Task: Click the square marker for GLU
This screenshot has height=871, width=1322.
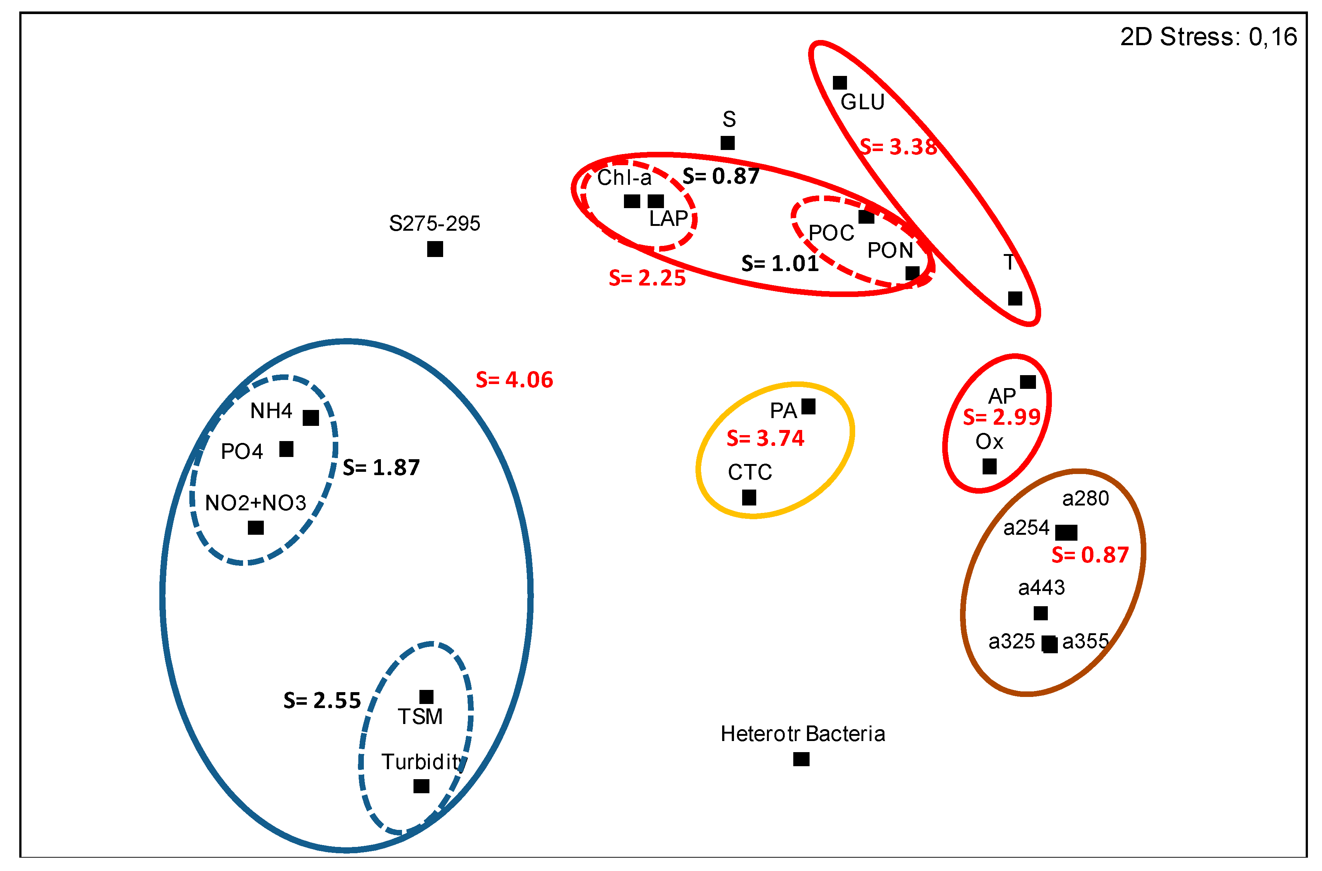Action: point(839,83)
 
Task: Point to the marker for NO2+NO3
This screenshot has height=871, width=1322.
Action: point(256,527)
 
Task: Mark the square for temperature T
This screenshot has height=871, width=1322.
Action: point(1015,298)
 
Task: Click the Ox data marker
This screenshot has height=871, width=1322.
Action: point(989,466)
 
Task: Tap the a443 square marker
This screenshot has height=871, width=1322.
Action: point(1040,613)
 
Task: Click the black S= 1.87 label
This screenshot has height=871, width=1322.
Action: point(381,468)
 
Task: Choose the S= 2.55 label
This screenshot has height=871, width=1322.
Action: point(322,701)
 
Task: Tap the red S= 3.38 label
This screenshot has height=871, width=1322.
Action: point(898,147)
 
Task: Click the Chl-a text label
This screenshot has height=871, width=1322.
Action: point(624,178)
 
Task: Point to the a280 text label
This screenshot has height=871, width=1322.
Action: point(1085,498)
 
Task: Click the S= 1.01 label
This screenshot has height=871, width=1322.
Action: point(780,263)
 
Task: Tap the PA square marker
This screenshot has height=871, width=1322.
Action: point(808,407)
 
